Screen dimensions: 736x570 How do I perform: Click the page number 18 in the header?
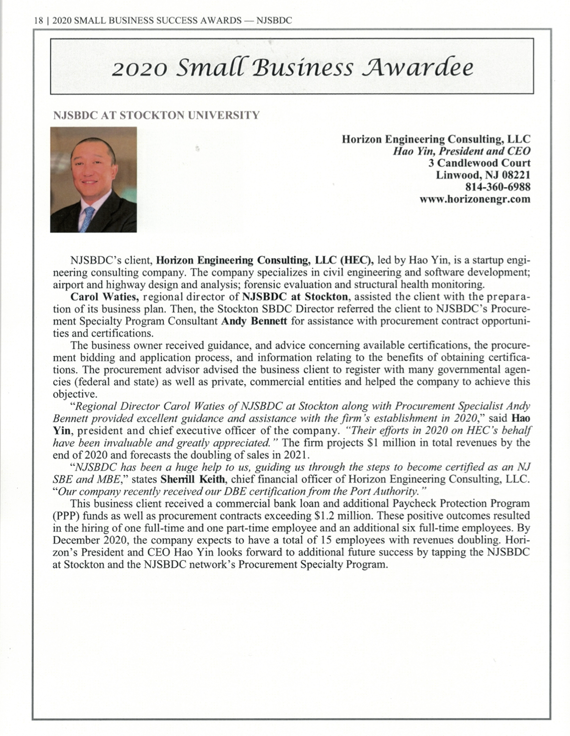(38, 21)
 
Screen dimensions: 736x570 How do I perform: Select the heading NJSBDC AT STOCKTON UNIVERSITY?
(156, 115)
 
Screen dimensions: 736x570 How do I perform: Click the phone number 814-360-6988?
(498, 187)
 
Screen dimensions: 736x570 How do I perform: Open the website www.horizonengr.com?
(475, 199)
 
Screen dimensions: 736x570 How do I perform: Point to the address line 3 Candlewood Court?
(479, 163)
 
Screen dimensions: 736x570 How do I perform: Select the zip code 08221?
(516, 175)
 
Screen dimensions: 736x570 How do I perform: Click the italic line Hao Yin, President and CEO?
(461, 151)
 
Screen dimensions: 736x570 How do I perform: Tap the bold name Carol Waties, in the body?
(105, 297)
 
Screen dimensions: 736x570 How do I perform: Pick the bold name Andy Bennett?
(254, 321)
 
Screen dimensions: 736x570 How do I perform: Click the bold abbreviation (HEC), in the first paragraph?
(356, 261)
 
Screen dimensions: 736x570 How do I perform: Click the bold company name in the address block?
(436, 139)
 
